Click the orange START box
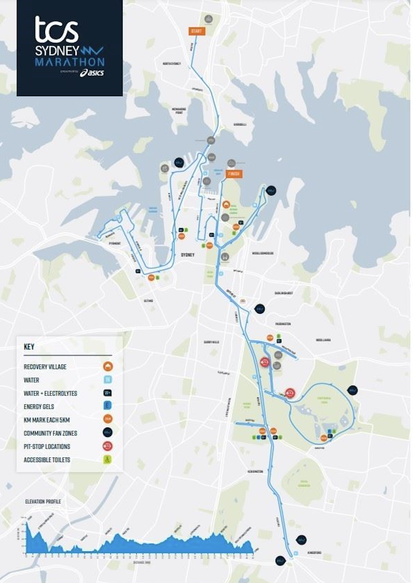[x=196, y=31]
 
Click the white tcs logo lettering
[x=56, y=30]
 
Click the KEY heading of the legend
[x=29, y=347]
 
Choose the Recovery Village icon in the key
[x=108, y=367]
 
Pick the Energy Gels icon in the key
[x=108, y=406]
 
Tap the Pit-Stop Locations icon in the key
[x=108, y=446]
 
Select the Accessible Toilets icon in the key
[x=108, y=460]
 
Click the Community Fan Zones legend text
[x=50, y=433]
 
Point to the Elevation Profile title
[x=43, y=502]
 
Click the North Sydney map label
[x=172, y=64]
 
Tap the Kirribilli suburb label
[x=240, y=125]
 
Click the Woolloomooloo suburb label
[x=263, y=253]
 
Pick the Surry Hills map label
[x=211, y=342]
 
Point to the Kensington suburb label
[x=255, y=472]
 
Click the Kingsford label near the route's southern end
[x=314, y=553]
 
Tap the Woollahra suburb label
[x=323, y=340]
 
